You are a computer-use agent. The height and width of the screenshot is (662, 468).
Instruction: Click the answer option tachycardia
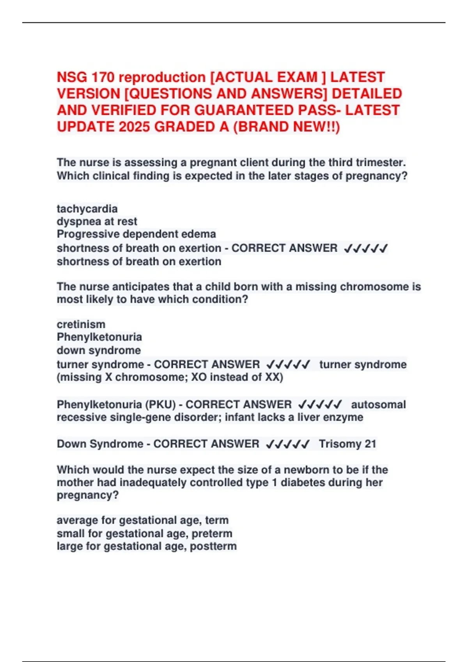tap(87, 209)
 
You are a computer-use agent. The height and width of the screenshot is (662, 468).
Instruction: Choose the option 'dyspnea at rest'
tap(97, 222)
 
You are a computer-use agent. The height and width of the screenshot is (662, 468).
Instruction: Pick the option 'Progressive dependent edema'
tap(136, 234)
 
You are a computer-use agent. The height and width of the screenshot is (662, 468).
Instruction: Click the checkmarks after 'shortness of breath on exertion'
tap(365, 248)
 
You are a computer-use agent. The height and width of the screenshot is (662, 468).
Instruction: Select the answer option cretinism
tap(81, 324)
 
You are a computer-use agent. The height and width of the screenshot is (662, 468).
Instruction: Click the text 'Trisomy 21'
tap(347, 444)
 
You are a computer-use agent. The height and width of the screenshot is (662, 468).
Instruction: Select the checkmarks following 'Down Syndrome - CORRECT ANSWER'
tap(287, 444)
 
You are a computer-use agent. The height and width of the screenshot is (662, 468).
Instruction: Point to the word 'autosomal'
tap(378, 405)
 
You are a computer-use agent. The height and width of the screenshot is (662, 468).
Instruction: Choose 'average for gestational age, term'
tap(142, 520)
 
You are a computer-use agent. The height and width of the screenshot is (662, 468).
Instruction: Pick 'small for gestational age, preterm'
tap(144, 533)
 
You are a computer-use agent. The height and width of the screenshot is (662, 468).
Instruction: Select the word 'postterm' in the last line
tap(213, 546)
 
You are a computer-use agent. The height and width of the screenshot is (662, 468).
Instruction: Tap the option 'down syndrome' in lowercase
tap(99, 350)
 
